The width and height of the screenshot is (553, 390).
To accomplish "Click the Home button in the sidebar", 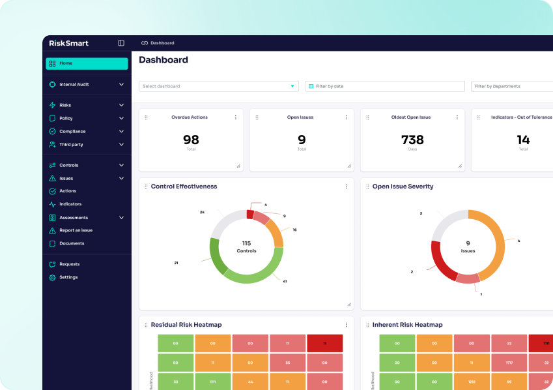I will (x=86, y=63).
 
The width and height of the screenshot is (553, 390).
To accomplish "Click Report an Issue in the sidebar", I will (x=76, y=230).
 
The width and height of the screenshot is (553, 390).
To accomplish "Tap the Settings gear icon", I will (x=53, y=277).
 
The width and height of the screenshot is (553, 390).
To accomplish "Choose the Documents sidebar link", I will (x=72, y=243).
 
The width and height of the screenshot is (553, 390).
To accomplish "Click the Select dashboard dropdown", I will (x=218, y=86).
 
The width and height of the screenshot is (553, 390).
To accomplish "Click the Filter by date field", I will (x=384, y=86).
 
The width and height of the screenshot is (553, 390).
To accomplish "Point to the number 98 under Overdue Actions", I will (x=191, y=140).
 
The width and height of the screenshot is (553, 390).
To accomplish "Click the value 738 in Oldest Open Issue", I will (x=412, y=140).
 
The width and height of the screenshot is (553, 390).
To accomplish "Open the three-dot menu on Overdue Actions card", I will (x=236, y=117).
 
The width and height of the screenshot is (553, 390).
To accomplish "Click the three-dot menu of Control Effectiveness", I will (x=347, y=187).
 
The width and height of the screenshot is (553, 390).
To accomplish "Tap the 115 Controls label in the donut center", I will (x=246, y=247).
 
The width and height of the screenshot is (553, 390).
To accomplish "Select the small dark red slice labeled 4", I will (x=250, y=214).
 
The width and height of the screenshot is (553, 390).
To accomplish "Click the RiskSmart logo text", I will (x=68, y=43).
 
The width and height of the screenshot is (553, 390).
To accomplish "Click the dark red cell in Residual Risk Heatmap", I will (x=324, y=343).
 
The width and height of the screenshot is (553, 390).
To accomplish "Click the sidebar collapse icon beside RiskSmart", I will (x=121, y=43).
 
